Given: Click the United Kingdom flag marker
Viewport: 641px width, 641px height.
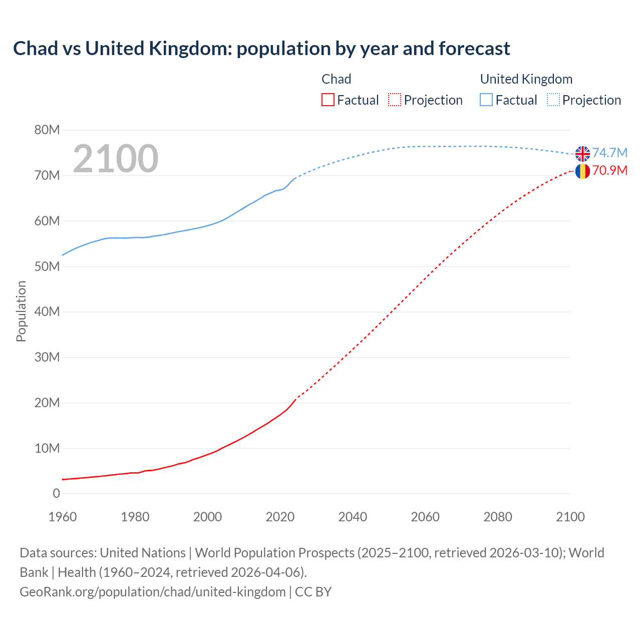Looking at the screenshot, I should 582,154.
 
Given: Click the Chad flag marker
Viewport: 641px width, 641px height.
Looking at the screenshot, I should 582,171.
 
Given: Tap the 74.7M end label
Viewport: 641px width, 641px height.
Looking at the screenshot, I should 609,153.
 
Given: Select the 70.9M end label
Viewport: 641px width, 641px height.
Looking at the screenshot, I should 609,171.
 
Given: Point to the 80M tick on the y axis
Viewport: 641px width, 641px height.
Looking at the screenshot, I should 47,130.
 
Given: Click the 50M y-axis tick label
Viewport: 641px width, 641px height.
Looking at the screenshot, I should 47,266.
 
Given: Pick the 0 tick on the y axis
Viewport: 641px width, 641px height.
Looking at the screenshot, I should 56,494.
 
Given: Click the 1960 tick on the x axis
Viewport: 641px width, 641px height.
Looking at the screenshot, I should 63,517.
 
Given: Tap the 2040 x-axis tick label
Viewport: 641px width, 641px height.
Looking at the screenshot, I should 353,517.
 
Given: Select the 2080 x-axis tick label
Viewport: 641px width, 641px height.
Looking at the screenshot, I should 498,517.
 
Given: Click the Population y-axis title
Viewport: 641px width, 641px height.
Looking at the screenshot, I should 21,311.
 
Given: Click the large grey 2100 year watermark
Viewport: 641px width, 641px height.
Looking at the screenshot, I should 116,159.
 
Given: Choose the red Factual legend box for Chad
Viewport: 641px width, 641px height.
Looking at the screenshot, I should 328,100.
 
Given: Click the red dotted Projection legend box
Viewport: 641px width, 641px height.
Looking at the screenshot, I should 395,100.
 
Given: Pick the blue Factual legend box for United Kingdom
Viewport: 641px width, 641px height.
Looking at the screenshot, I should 486,100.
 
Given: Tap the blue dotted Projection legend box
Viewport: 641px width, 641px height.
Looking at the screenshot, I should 553,100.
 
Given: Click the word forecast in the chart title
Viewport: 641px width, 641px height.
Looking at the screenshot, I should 474,49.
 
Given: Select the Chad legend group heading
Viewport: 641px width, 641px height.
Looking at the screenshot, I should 336,79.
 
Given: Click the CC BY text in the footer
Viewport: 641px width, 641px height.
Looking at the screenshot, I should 313,592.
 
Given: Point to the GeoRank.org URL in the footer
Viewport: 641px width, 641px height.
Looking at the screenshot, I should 152,592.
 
